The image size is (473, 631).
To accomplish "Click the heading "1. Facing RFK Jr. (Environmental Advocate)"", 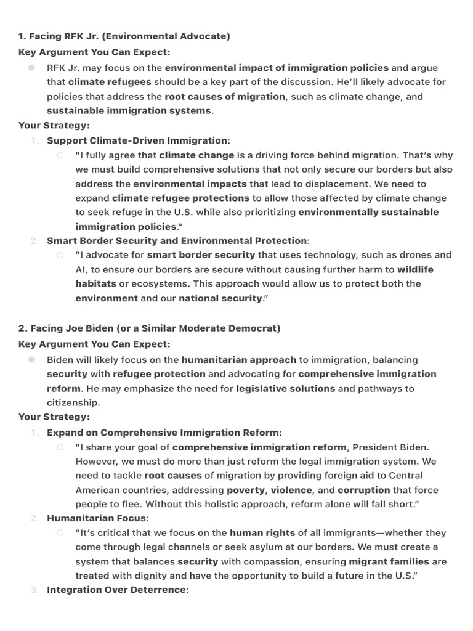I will pyautogui.click(x=124, y=36).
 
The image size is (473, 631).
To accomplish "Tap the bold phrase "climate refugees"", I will pyautogui.click(x=109, y=82).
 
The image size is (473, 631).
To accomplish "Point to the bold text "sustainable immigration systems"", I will pyautogui.click(x=129, y=111).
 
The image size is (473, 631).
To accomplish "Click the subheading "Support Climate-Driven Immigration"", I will pyautogui.click(x=137, y=140).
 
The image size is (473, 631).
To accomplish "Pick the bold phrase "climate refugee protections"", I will pyautogui.click(x=180, y=198).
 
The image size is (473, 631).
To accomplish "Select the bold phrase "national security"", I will pyautogui.click(x=220, y=298).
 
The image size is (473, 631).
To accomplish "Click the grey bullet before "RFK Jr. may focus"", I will pyautogui.click(x=31, y=68).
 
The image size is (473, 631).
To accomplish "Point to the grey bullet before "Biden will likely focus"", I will pyautogui.click(x=31, y=360).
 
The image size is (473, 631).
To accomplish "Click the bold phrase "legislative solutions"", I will pyautogui.click(x=285, y=388).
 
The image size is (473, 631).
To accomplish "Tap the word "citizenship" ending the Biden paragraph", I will pyautogui.click(x=73, y=403).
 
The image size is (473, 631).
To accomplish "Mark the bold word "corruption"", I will pyautogui.click(x=363, y=490).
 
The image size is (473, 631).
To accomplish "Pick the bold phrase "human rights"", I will pyautogui.click(x=262, y=533).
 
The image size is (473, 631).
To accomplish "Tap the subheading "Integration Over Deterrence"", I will pyautogui.click(x=116, y=590).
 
